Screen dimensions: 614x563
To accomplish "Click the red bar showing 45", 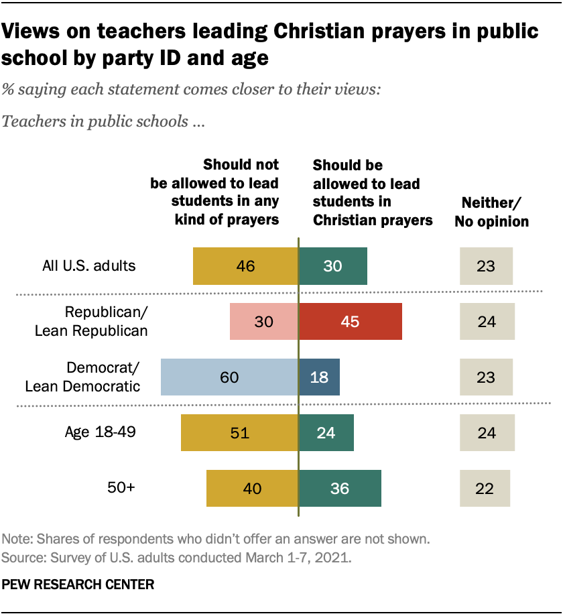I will click(350, 321).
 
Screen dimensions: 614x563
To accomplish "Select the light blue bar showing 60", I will click(229, 377).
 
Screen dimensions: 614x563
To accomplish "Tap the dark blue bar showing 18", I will click(319, 377).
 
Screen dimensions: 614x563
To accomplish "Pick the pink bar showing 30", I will click(263, 321).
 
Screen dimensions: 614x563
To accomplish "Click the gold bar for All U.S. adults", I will click(245, 265).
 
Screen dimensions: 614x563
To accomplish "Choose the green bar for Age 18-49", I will click(326, 432).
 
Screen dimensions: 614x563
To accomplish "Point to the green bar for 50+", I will click(340, 488).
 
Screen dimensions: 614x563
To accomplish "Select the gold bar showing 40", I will click(252, 488).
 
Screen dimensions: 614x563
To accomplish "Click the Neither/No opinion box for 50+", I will click(485, 488).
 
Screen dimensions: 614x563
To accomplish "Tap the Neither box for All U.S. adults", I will click(486, 265).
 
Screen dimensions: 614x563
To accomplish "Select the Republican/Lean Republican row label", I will click(106, 321).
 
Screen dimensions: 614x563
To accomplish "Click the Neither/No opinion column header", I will click(491, 212).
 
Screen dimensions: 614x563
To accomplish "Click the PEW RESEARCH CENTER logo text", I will click(78, 585).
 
